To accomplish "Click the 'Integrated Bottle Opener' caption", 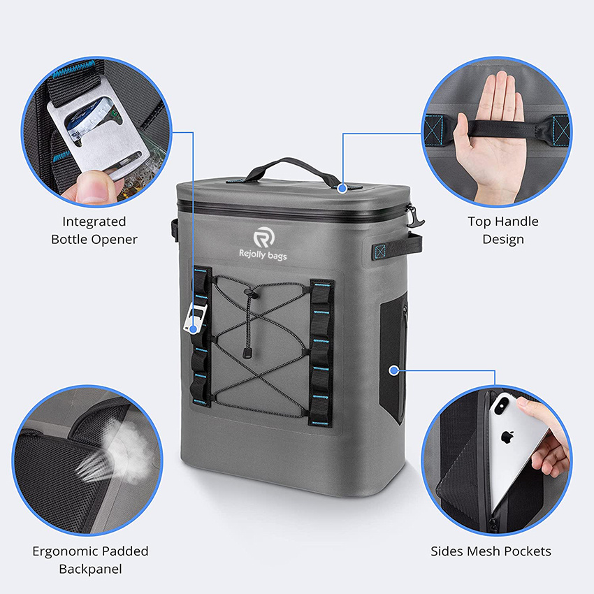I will click(x=94, y=230).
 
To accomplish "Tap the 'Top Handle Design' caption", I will click(x=502, y=230).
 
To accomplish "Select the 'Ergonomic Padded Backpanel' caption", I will click(x=90, y=560).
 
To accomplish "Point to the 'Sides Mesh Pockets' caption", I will click(x=491, y=551).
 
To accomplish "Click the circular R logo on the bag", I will click(x=265, y=235).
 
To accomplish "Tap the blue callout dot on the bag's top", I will click(x=342, y=188).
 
